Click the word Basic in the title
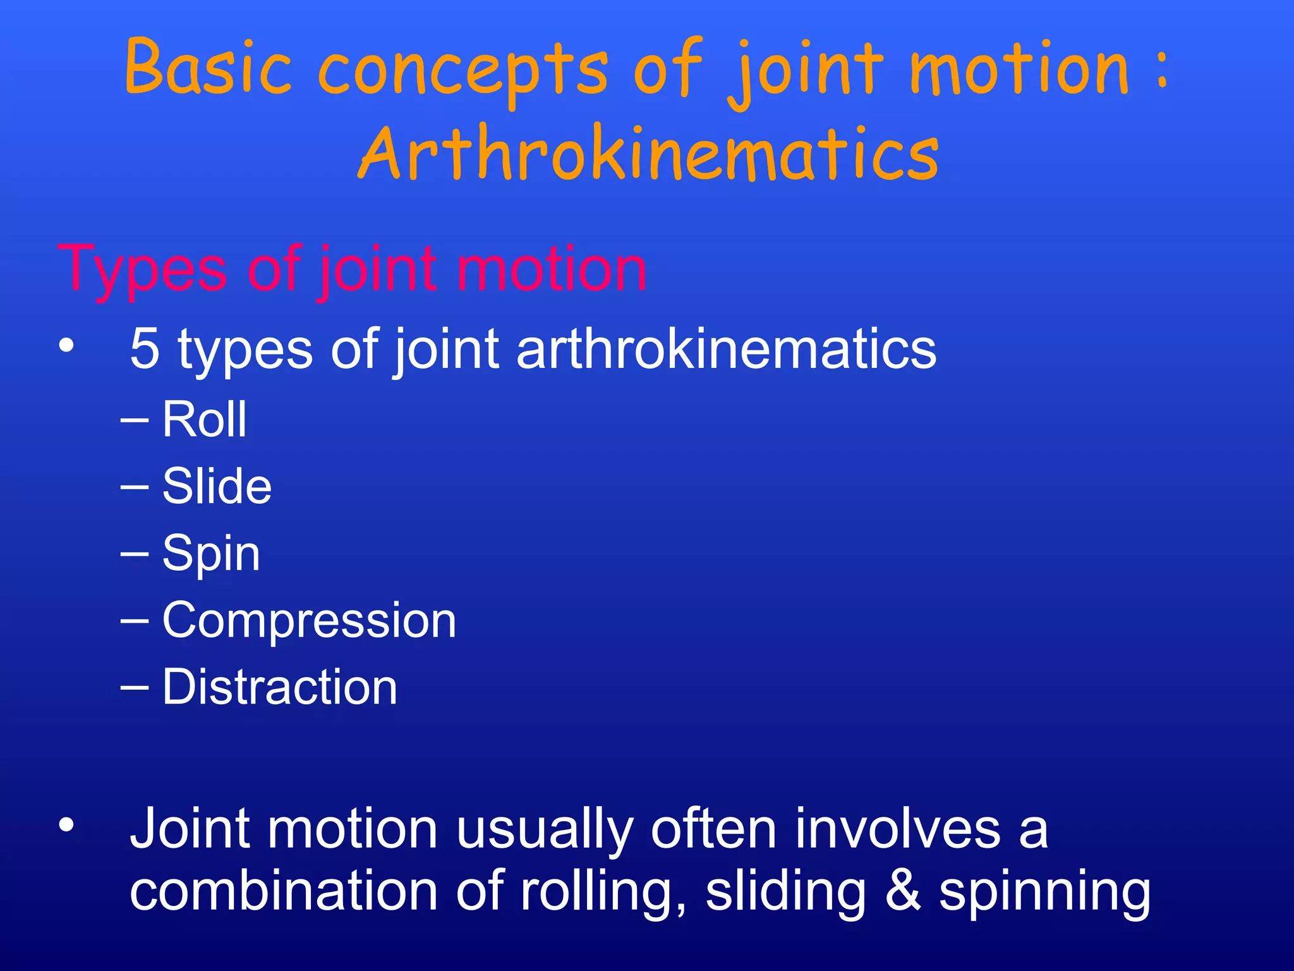[x=208, y=66]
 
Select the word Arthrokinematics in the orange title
[x=648, y=154]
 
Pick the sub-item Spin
[x=211, y=553]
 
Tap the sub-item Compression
[x=309, y=620]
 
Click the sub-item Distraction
[x=280, y=687]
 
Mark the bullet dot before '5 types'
[x=66, y=346]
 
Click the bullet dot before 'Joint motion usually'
[x=66, y=826]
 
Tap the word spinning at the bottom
[x=1044, y=893]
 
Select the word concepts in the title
[x=463, y=70]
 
